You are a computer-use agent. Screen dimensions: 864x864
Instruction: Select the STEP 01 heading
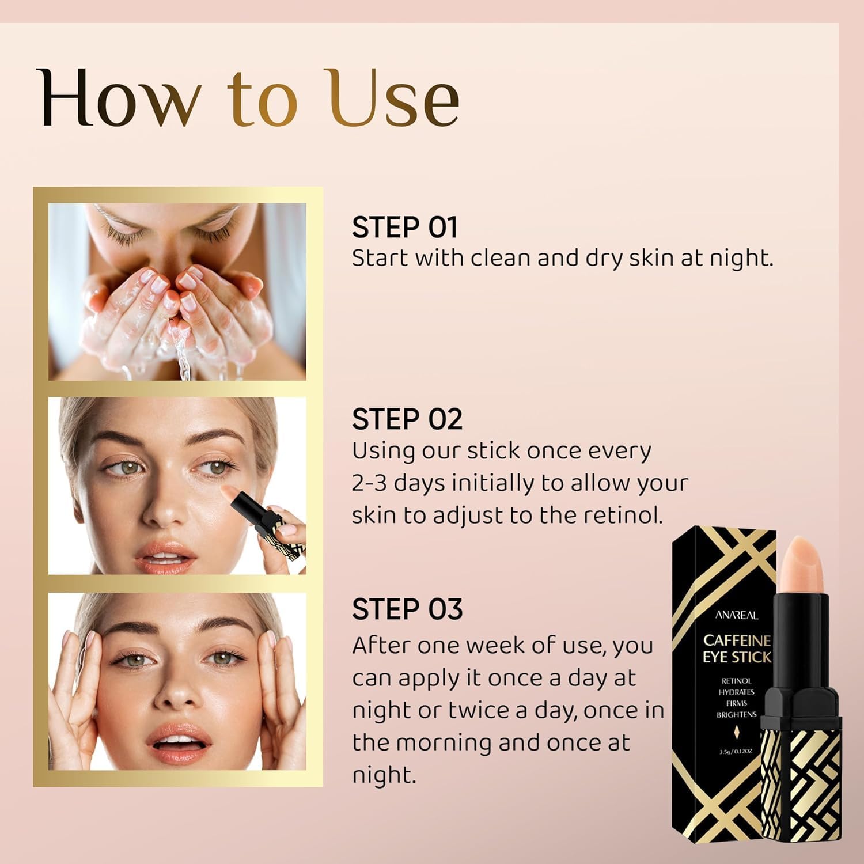[404, 228]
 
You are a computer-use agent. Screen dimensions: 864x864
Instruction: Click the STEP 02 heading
[407, 419]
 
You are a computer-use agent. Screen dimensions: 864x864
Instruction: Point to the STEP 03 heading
[407, 609]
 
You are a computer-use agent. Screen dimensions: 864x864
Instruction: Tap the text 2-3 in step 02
[369, 483]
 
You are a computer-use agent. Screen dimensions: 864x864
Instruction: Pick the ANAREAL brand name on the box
[737, 615]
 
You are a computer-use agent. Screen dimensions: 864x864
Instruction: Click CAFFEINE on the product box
[737, 641]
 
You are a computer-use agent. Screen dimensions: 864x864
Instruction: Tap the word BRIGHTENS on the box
[736, 715]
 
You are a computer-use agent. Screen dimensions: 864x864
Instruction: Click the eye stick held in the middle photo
[253, 507]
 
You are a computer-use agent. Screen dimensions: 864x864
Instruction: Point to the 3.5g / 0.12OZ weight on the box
[736, 751]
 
